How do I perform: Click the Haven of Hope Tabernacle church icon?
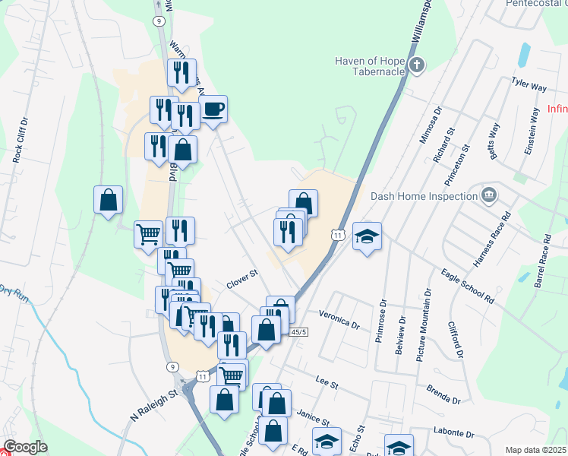pos(416,65)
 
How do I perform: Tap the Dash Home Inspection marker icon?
pos(488,195)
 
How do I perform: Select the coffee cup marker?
pos(213,109)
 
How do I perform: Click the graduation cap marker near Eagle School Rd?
pos(367,237)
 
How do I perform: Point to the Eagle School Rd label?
pos(468,284)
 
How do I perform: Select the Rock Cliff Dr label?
pos(18,141)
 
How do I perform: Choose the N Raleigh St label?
pos(153,405)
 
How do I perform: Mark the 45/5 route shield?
pos(298,332)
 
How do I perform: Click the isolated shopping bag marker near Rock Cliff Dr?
pos(109,200)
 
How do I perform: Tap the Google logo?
pos(25,447)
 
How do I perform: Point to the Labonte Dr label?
pos(454,435)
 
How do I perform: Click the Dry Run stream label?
pos(14,293)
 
